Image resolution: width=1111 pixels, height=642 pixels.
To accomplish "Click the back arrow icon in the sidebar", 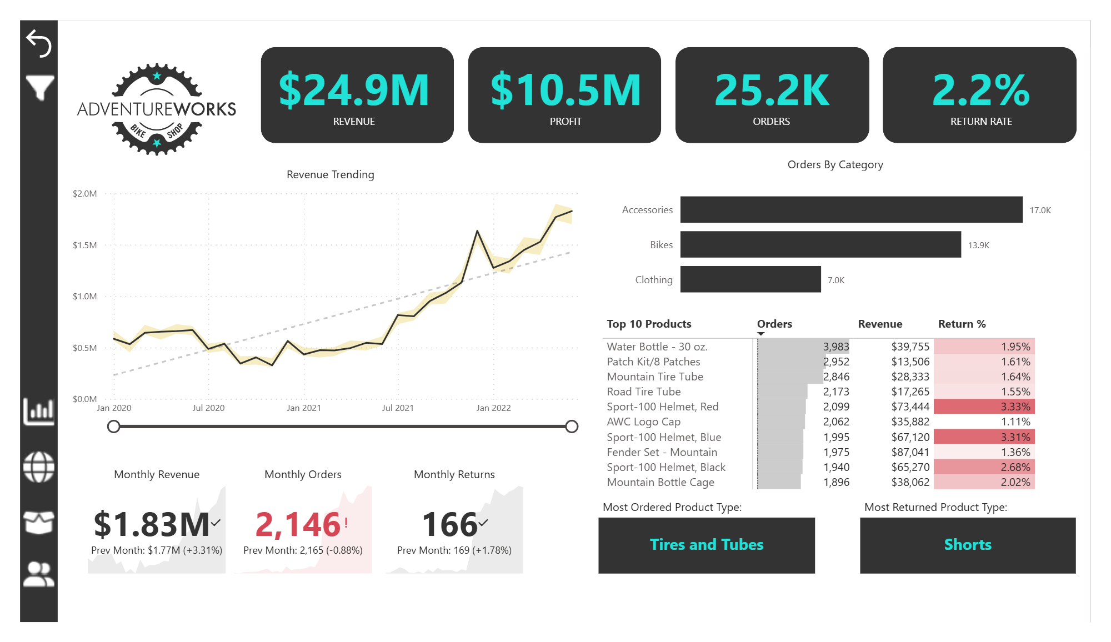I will [x=39, y=43].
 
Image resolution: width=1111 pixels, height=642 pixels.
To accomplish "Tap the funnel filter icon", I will [x=39, y=88].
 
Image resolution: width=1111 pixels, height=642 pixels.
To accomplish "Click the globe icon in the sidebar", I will [x=39, y=467].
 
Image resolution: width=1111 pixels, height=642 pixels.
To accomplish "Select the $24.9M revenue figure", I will [x=354, y=90].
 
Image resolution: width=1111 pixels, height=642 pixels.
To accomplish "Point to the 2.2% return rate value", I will [x=980, y=90].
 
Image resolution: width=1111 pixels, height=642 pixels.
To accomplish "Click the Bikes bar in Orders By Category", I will [x=820, y=244].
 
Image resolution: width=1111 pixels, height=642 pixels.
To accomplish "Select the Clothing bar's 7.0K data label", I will [x=835, y=280].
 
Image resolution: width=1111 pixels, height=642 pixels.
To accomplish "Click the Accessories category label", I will [x=647, y=210].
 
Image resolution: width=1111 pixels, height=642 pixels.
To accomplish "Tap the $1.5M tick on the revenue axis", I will [x=84, y=245].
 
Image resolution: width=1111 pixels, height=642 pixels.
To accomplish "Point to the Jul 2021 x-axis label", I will [x=398, y=408].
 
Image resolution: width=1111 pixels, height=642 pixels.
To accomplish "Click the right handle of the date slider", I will [x=572, y=427].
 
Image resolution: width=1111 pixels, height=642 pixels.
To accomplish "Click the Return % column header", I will [x=962, y=324].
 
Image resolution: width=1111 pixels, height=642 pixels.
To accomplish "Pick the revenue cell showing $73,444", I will [x=910, y=407].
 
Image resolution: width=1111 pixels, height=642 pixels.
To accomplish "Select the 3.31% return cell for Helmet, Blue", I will [x=1015, y=437].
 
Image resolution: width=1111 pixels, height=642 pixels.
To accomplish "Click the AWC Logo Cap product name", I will [x=643, y=422].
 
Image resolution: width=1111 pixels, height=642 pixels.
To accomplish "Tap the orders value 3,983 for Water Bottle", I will [x=835, y=347].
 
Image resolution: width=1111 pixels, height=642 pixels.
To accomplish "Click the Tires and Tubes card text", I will [x=707, y=544].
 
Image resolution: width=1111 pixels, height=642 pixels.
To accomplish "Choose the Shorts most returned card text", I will [x=968, y=544].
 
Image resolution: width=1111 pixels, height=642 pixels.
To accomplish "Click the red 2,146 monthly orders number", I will [x=298, y=524].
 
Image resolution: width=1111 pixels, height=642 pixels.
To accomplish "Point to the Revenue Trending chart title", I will [x=330, y=174].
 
